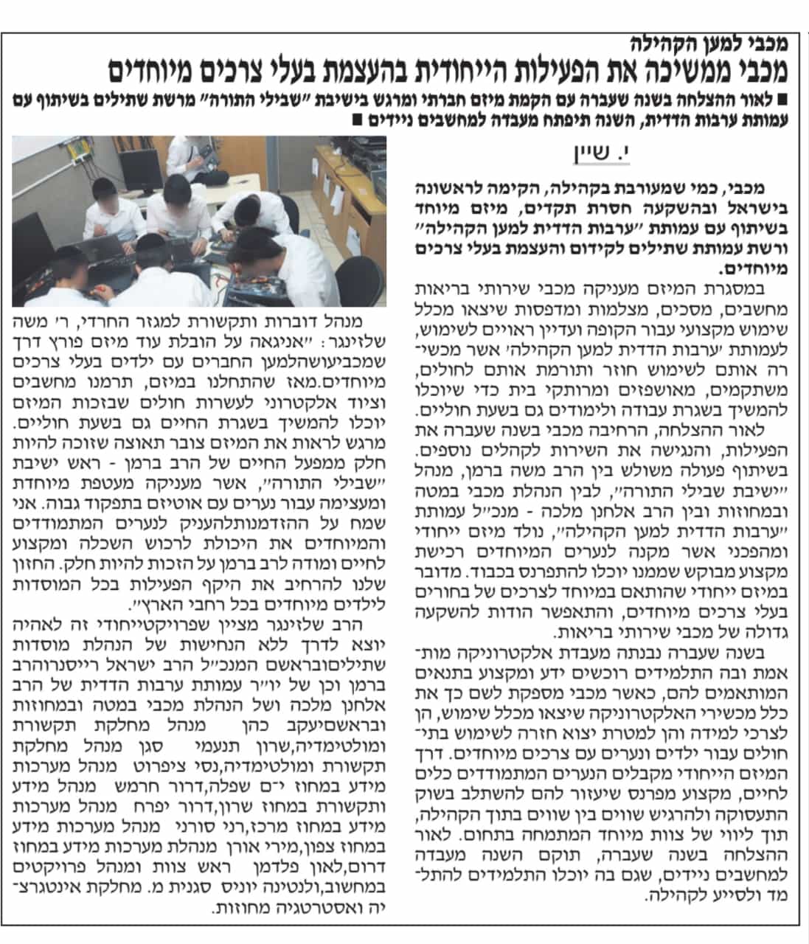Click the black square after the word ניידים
pos(358,119)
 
